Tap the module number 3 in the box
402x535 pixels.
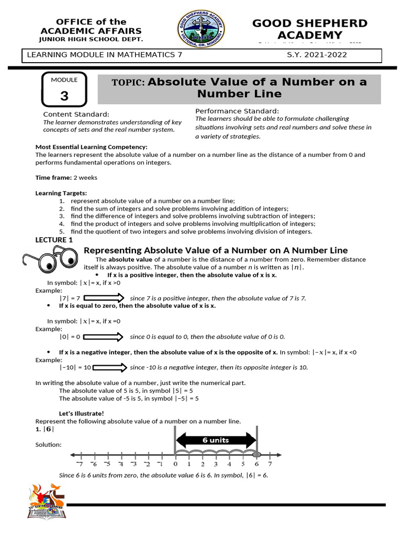click(64, 96)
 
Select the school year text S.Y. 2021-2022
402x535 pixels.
click(317, 55)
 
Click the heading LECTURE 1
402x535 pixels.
click(54, 240)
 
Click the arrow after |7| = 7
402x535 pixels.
click(103, 298)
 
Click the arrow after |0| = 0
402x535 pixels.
click(103, 337)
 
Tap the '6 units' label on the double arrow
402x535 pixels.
click(216, 440)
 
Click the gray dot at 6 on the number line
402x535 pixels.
click(256, 453)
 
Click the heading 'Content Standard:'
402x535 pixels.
click(76, 114)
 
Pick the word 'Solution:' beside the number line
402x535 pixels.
click(48, 445)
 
